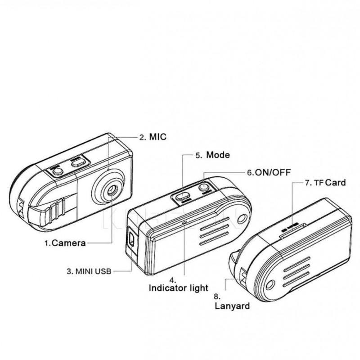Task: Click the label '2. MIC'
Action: [x=153, y=137]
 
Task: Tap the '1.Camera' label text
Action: [x=65, y=243]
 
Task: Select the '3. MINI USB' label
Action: [x=89, y=271]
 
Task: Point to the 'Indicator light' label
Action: [x=179, y=288]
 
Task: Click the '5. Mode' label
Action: [x=212, y=155]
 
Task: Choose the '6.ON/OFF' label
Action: [x=269, y=172]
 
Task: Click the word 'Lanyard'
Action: [x=232, y=306]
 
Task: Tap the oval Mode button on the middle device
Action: [x=183, y=196]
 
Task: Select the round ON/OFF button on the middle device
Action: [x=204, y=187]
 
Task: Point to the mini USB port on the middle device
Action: [x=131, y=238]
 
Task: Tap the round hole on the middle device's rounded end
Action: [x=242, y=219]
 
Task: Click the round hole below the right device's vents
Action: [x=270, y=285]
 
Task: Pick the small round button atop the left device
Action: [x=58, y=171]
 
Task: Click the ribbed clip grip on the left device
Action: [x=57, y=211]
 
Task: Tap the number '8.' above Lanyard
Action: [x=217, y=297]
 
